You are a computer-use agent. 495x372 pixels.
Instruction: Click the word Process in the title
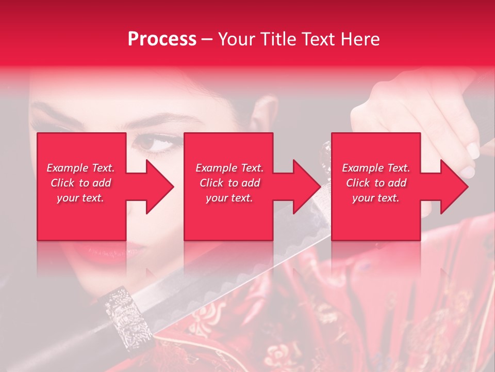tap(162, 39)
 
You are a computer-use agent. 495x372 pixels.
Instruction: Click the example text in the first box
tap(80, 183)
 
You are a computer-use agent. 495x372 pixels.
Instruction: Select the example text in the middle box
tap(229, 183)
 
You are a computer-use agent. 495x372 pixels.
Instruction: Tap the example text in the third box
tap(376, 183)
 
